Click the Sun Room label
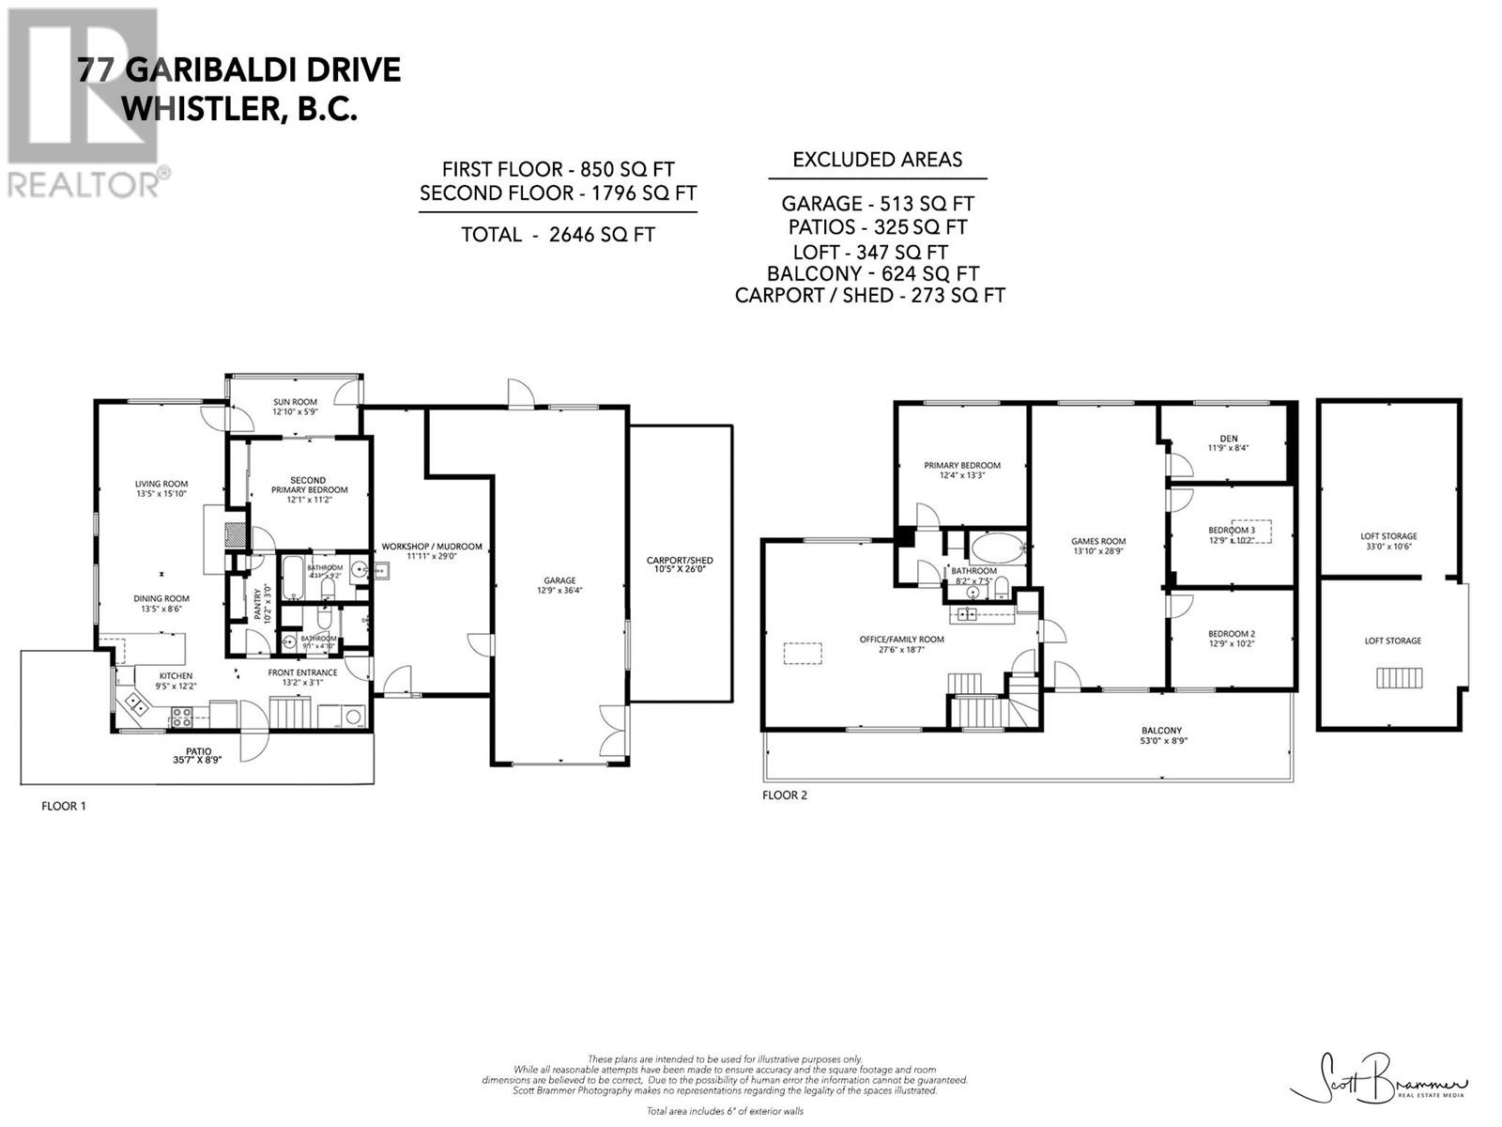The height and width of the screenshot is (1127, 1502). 295,407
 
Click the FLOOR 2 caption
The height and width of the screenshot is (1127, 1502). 785,795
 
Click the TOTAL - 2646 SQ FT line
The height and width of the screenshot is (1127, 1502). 558,235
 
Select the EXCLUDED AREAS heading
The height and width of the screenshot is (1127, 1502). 877,160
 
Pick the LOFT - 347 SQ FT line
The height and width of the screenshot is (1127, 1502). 869,252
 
